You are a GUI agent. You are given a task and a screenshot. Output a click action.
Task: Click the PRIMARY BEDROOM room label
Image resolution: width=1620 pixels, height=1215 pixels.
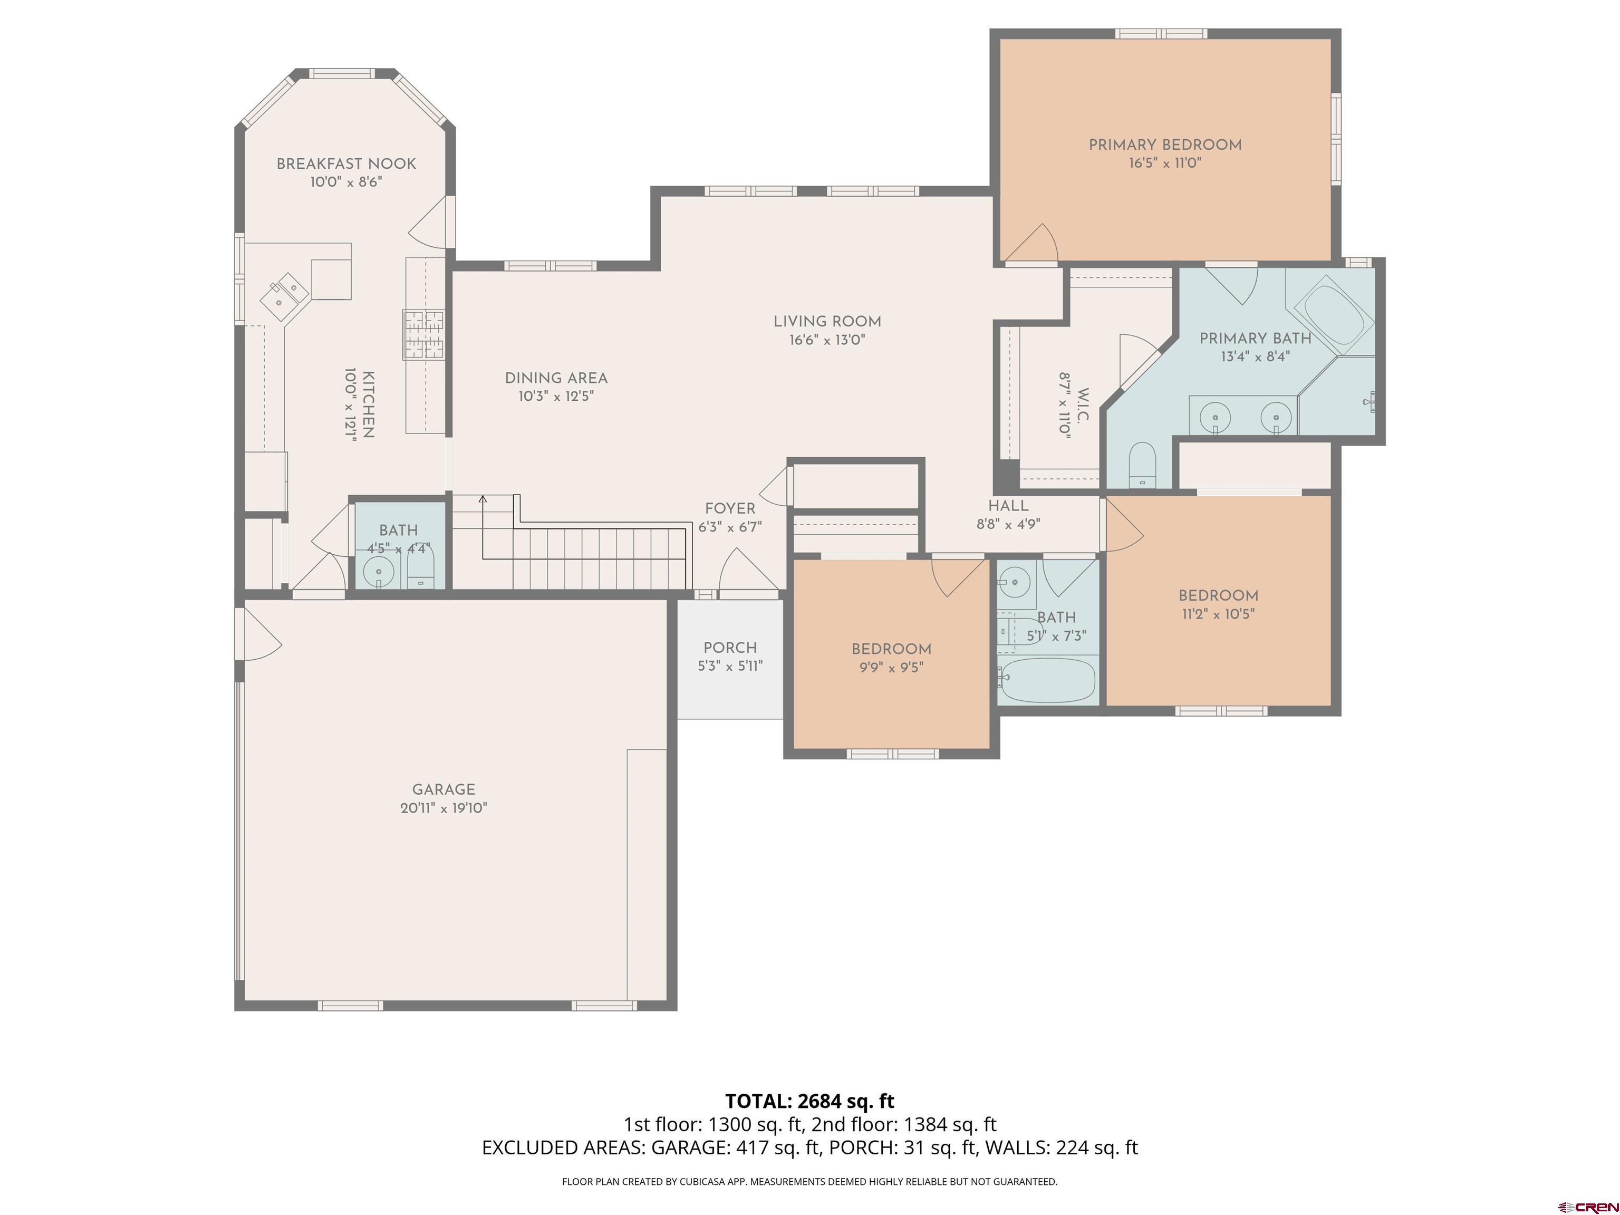tap(1164, 145)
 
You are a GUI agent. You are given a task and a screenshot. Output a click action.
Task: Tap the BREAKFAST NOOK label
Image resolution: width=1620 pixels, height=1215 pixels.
tap(346, 163)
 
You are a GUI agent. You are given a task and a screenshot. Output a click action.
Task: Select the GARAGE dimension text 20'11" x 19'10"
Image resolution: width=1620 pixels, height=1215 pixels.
tap(444, 808)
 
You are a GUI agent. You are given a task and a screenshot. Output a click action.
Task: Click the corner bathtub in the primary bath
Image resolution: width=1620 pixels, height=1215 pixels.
tap(1334, 318)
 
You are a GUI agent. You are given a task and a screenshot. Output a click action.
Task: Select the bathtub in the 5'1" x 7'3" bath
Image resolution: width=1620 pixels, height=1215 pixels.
tap(1048, 680)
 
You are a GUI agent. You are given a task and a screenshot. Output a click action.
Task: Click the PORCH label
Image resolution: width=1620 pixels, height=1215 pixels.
tap(730, 648)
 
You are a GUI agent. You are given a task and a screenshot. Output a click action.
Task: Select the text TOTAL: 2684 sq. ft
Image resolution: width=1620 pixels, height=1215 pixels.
tap(810, 1101)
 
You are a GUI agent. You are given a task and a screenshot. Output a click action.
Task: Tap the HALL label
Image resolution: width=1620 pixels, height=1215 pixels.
tap(1008, 505)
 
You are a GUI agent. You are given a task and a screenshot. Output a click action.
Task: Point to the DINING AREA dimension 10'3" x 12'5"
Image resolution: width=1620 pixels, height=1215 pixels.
tap(556, 396)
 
